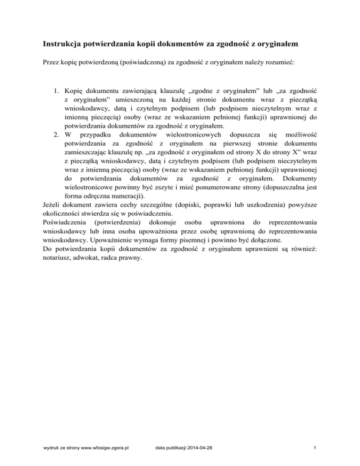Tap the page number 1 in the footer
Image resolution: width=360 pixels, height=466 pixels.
click(317, 449)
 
